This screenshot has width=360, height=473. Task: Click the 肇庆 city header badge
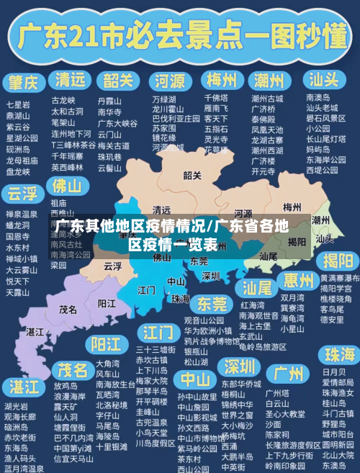point(23,79)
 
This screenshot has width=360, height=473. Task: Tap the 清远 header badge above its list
point(71,79)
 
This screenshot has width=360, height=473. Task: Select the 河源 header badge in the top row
point(170,79)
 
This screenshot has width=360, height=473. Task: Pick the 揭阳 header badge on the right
point(338,260)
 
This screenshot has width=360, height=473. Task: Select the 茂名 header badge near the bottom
point(73,370)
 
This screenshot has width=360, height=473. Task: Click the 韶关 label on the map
point(192,175)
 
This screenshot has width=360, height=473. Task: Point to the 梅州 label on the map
point(292,207)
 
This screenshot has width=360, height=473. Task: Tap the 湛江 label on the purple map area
point(34,332)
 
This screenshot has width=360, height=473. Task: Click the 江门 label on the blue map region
point(146,289)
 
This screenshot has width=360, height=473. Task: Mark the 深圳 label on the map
point(210,275)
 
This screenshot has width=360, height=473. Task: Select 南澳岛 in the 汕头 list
point(318,97)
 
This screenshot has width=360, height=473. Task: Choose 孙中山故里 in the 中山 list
point(197,397)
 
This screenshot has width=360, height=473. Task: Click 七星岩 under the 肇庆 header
point(18,104)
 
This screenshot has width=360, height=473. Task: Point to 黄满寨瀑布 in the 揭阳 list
point(340,278)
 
